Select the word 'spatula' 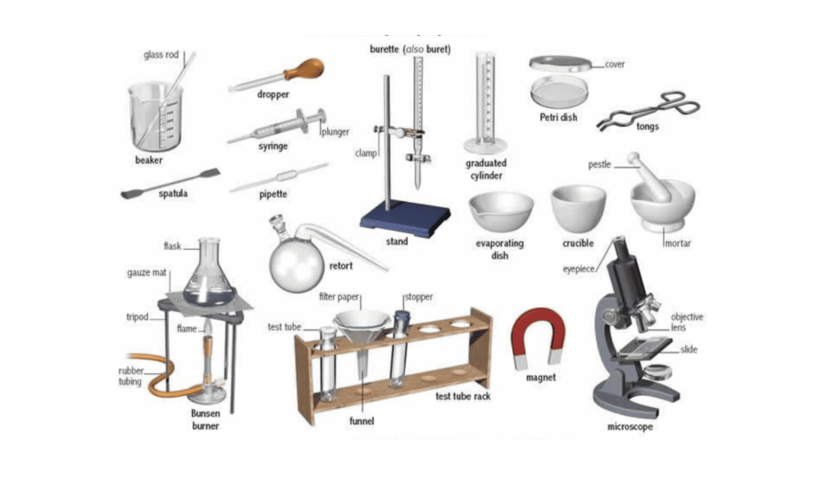[x=173, y=194]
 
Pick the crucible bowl [x=578, y=209]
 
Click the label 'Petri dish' [x=558, y=117]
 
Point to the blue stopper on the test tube [x=402, y=318]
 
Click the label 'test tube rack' [x=463, y=396]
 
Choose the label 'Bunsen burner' [x=205, y=420]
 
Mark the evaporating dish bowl [x=501, y=211]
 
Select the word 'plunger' [x=335, y=132]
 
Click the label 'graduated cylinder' [x=486, y=169]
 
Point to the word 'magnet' [x=541, y=378]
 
